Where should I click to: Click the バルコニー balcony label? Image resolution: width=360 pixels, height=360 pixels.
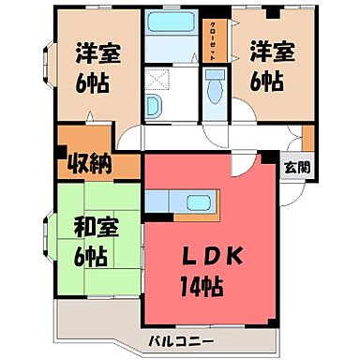pyautogui.click(x=181, y=339)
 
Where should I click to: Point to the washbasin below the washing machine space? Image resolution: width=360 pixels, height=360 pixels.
pyautogui.click(x=155, y=103)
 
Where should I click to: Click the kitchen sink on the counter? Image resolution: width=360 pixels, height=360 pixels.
pyautogui.click(x=200, y=202)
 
